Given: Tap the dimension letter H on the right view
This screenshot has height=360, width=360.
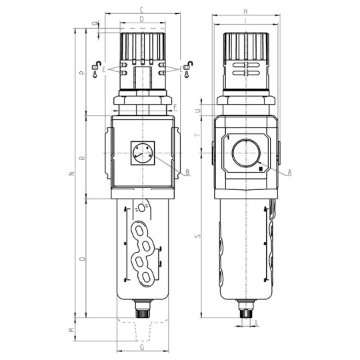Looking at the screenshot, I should (246, 11).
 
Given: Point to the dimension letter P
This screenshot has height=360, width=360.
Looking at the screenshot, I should (81, 73).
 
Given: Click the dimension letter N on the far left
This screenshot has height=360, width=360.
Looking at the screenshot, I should (71, 175).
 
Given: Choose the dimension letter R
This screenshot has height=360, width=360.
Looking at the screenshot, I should (81, 158).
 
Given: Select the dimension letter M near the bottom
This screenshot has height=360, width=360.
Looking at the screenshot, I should (72, 330).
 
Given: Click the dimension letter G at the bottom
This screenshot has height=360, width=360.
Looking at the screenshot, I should (142, 347).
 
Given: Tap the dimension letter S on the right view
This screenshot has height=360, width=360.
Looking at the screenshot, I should (196, 235).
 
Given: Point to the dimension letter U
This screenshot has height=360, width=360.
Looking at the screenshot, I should (196, 110).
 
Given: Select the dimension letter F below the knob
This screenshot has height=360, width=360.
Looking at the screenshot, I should (175, 107).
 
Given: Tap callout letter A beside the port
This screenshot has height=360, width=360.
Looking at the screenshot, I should (291, 173).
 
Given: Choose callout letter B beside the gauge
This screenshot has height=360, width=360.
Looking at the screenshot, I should (188, 173).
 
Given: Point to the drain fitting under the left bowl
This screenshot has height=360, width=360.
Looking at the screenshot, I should (141, 311).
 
